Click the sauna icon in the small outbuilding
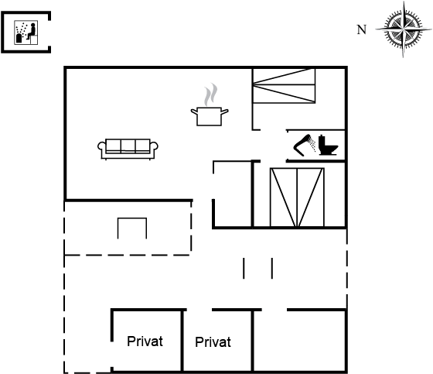pos(26,32)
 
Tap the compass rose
pos(403,29)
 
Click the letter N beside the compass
pos(362,29)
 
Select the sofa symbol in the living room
pos(128,149)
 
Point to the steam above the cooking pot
pos(210,94)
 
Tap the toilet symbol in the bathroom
pos(328,145)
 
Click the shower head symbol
pos(305,145)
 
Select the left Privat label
pos(145,341)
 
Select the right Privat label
pos(213,342)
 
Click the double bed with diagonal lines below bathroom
pos(297,197)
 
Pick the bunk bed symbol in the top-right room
pos(284,86)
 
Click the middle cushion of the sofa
pos(128,146)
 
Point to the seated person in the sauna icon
pos(32,31)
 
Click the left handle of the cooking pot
pos(194,112)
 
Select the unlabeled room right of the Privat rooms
pos(300,341)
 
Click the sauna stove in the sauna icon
pos(19,38)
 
